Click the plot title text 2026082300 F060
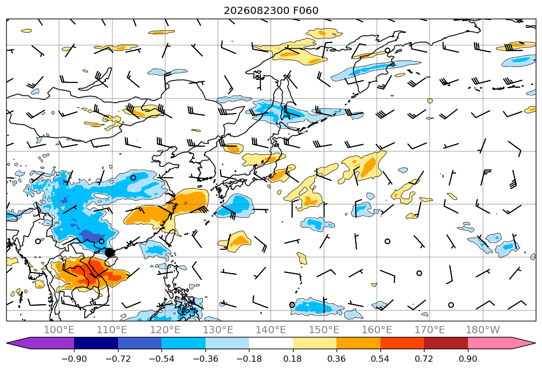271,10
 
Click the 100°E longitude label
59,330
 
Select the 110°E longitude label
112,330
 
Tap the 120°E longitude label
165,330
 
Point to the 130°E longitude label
218,330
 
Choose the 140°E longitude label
271,330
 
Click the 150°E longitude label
324,330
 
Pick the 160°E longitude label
377,330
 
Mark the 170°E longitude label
430,330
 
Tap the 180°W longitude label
483,330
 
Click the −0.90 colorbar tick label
74,359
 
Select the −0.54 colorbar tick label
162,359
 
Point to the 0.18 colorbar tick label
292,359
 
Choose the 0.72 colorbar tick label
424,359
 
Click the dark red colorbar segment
446,343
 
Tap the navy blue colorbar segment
96,343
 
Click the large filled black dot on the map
109,252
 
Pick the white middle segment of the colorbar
271,343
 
